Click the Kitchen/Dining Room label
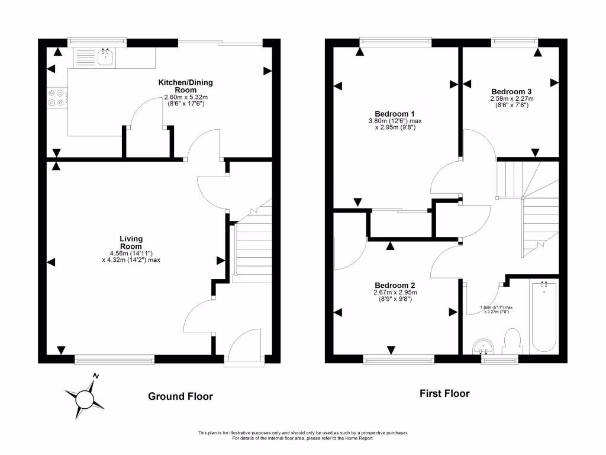click(x=185, y=86)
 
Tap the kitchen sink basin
click(x=105, y=57)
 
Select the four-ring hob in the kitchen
click(x=56, y=98)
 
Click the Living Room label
click(x=131, y=242)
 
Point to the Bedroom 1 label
click(x=395, y=114)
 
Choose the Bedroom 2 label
click(x=395, y=286)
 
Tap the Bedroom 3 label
click(x=511, y=92)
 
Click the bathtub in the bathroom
click(x=544, y=317)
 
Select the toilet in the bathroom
click(x=512, y=341)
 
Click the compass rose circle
click(x=85, y=399)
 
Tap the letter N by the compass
click(x=96, y=376)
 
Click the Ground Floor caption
click(x=180, y=396)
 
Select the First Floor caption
click(x=444, y=393)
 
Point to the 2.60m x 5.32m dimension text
click(x=186, y=98)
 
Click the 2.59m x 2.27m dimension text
click(x=512, y=99)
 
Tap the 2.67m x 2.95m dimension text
click(x=395, y=293)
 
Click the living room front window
click(x=114, y=360)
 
